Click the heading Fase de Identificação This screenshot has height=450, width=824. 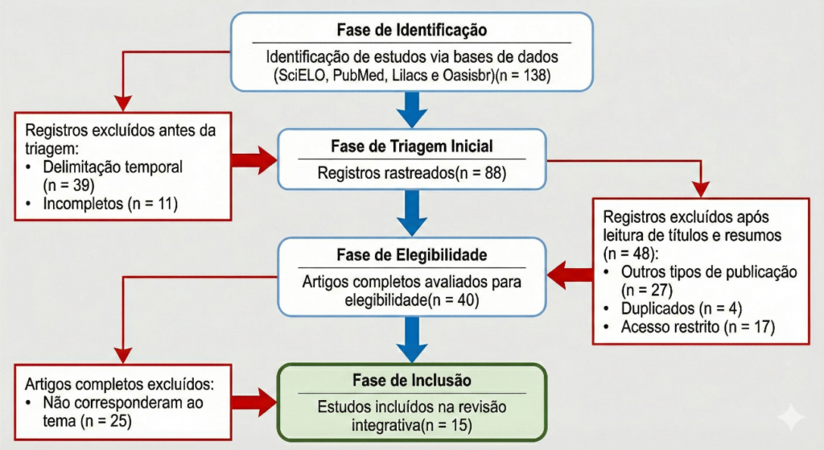coord(412,30)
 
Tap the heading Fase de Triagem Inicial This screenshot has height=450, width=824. coord(412,147)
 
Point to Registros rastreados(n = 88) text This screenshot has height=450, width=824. coord(412,172)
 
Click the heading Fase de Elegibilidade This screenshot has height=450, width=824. coord(412,255)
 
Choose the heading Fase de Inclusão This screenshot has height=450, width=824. coord(412,380)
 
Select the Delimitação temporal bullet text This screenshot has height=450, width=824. coord(113,167)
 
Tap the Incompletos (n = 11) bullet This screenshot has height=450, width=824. coord(110,204)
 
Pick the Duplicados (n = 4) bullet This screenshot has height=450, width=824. coord(682,308)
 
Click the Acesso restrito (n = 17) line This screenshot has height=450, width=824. coord(698,327)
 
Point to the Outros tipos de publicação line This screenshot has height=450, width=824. coord(709,272)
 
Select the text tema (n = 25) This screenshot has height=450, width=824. coord(87,420)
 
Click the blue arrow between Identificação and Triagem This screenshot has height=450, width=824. coord(412,109)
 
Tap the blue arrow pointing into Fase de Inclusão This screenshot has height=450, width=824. coord(412,340)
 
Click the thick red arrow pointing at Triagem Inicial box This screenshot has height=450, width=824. coord(254,160)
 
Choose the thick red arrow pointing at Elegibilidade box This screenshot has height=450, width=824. coord(570,275)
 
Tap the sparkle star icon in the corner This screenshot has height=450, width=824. coord(792,418)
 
